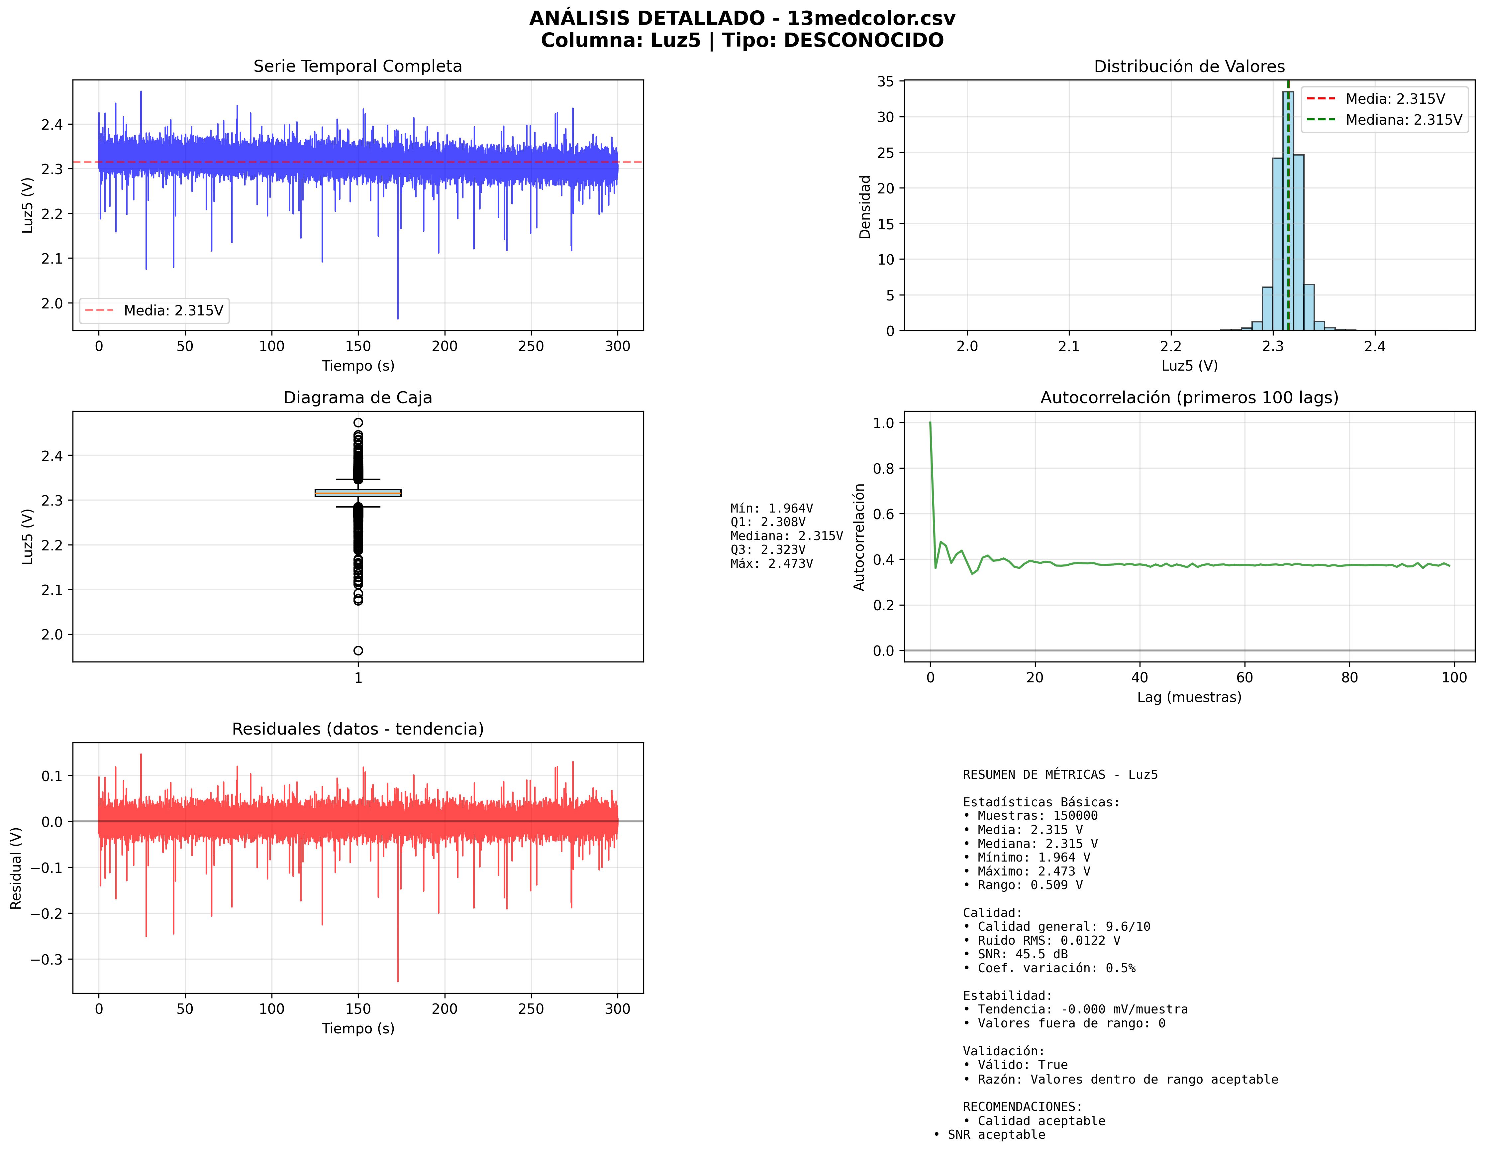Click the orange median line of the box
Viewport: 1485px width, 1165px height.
[x=358, y=493]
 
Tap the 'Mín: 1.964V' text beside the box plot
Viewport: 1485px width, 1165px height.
[x=771, y=508]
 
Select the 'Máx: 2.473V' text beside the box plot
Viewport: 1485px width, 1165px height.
[x=771, y=563]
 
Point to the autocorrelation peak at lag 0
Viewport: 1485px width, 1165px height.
[x=930, y=423]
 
